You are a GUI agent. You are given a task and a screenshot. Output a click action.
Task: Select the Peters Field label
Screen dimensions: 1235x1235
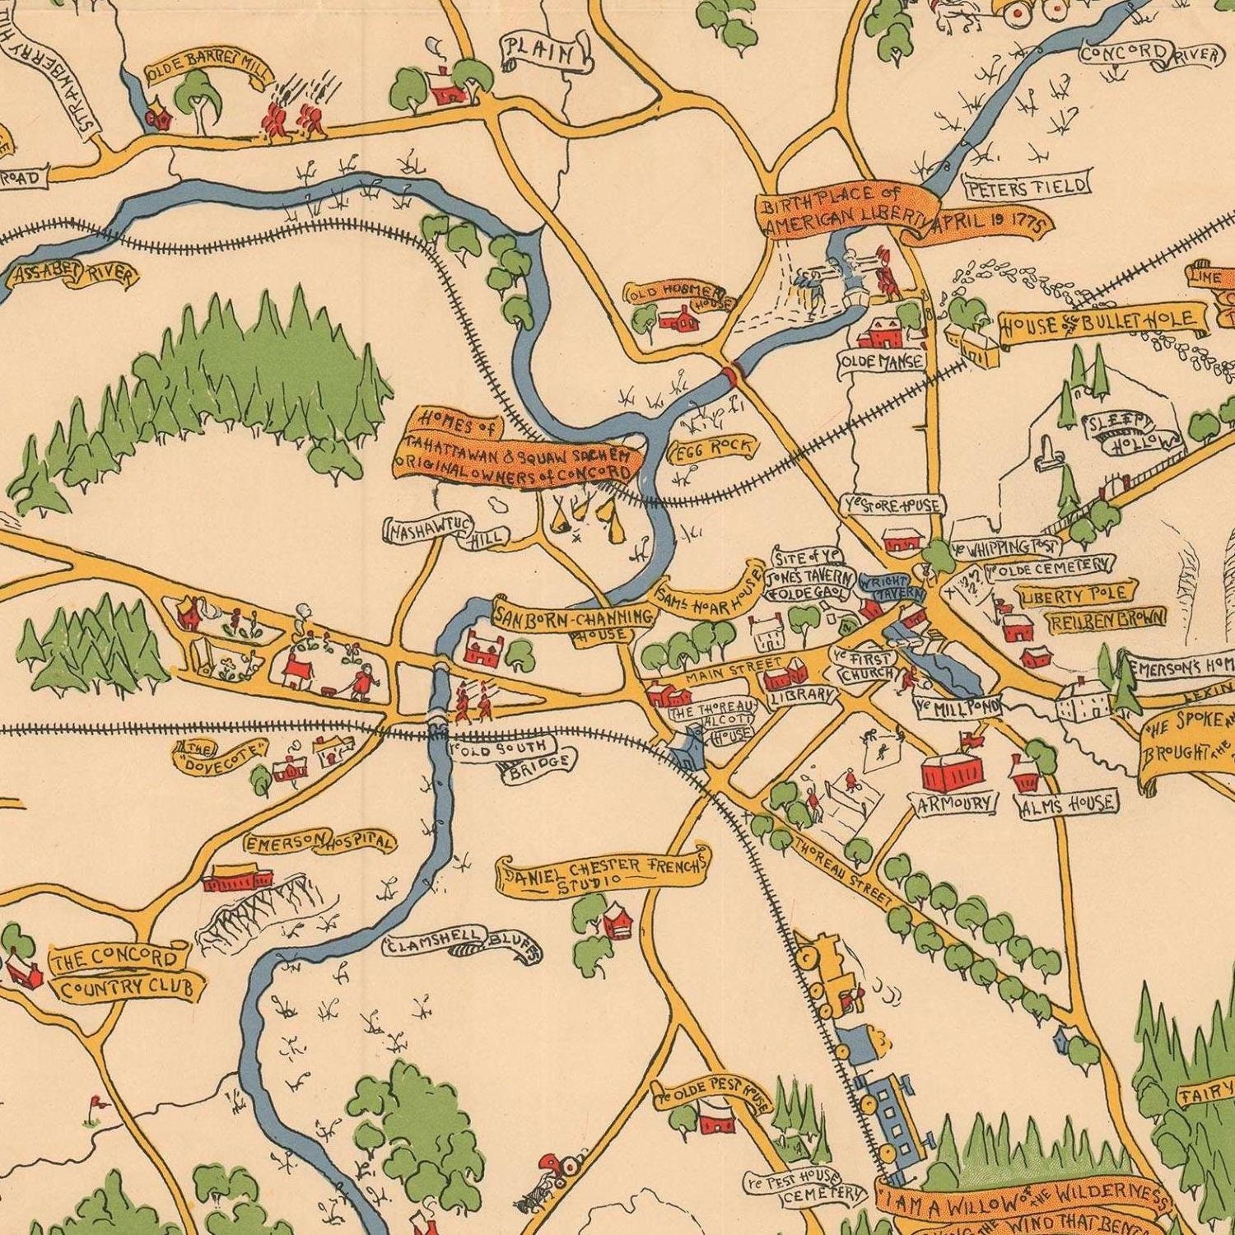1027,188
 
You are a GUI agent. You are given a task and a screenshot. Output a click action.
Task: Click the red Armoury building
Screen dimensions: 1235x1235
953,771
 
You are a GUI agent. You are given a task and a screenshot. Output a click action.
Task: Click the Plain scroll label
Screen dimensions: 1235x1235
547,53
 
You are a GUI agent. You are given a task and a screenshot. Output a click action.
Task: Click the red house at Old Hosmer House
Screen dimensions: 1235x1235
681,319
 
